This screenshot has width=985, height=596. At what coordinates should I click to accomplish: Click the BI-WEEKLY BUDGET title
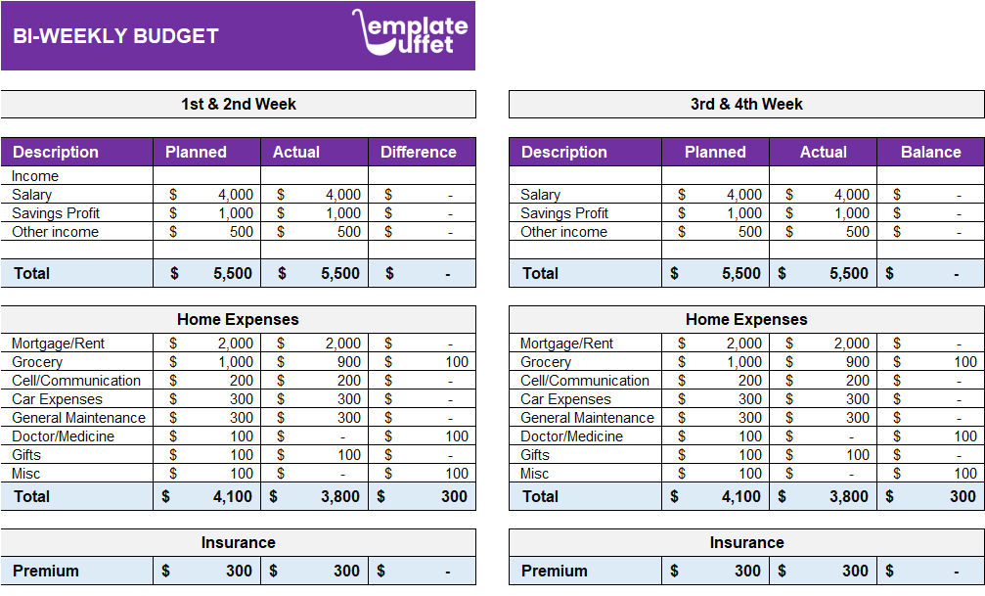(x=115, y=36)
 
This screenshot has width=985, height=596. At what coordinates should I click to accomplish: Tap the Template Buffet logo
(x=411, y=32)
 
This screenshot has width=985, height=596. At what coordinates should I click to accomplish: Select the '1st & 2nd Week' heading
(x=238, y=104)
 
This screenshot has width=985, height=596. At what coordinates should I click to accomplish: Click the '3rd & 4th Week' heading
(x=746, y=104)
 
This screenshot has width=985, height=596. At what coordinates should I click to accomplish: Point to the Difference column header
(x=419, y=152)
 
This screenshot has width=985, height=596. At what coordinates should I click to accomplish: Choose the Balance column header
(x=930, y=152)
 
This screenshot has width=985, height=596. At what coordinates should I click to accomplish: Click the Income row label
(x=35, y=176)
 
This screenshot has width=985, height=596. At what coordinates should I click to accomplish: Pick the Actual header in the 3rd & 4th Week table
(x=823, y=152)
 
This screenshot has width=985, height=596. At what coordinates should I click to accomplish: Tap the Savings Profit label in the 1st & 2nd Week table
(x=56, y=213)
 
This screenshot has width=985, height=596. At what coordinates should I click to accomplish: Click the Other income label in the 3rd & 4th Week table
(x=563, y=232)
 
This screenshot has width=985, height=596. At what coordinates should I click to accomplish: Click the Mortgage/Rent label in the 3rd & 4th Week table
(x=566, y=344)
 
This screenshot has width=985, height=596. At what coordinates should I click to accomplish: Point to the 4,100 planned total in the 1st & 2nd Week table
(x=232, y=496)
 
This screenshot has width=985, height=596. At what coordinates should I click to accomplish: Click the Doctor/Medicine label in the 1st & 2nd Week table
(x=63, y=436)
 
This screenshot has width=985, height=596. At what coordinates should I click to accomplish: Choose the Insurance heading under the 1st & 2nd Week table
(x=238, y=542)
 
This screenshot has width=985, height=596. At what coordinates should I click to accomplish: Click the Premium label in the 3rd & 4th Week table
(x=555, y=571)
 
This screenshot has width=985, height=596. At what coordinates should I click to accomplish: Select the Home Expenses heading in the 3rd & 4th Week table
(x=746, y=319)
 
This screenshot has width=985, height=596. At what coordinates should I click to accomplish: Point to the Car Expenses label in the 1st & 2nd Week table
(x=57, y=399)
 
